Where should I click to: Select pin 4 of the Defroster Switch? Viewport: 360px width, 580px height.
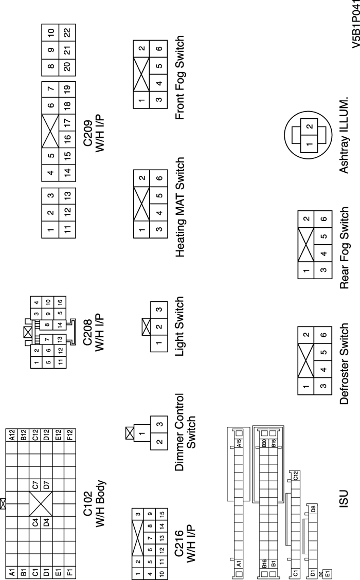(309, 369)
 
